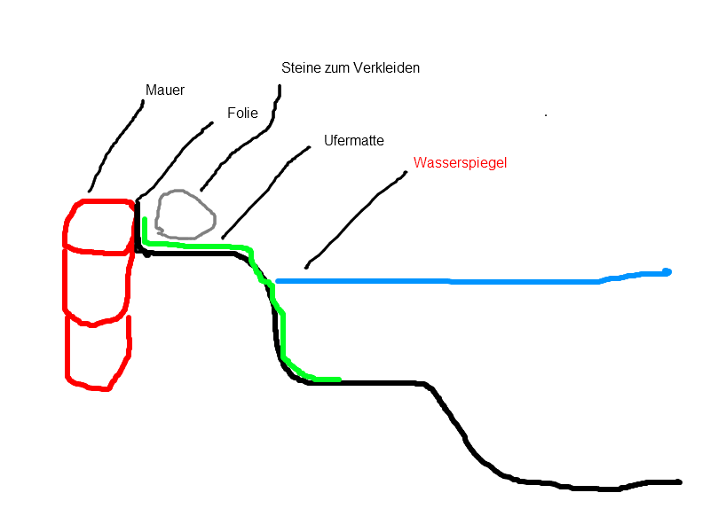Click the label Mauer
tap(165, 90)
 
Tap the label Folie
tap(242, 113)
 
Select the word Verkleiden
tap(386, 68)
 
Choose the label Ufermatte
tap(354, 141)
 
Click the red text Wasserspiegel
tap(460, 163)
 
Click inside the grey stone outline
tap(185, 215)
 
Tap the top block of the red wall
tap(99, 226)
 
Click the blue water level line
tap(453, 281)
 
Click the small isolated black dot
tap(546, 115)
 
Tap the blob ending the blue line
tap(667, 272)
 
